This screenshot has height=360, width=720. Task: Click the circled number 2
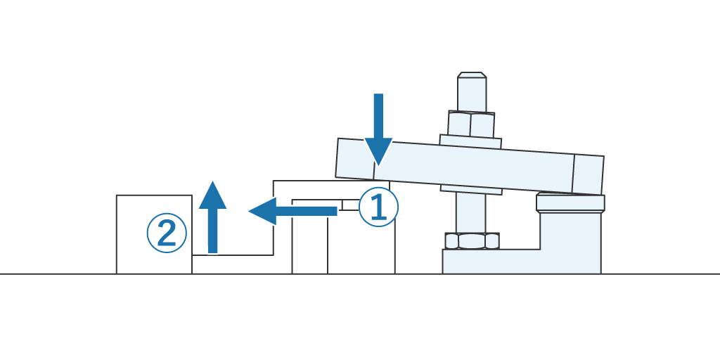(167, 233)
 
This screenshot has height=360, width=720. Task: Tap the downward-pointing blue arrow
(378, 127)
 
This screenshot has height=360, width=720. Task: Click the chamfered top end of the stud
(472, 75)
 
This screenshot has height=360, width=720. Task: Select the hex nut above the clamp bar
(471, 124)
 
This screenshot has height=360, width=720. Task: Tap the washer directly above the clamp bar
(470, 141)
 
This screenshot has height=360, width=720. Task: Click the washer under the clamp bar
(470, 188)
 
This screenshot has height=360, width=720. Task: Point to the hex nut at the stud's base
(472, 241)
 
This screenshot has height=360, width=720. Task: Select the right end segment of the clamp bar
(589, 174)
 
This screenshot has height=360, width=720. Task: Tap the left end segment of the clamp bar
(355, 159)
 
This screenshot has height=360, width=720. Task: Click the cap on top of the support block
(570, 203)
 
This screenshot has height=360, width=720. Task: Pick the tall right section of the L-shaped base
(571, 243)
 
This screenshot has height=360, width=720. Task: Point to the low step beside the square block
(232, 264)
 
